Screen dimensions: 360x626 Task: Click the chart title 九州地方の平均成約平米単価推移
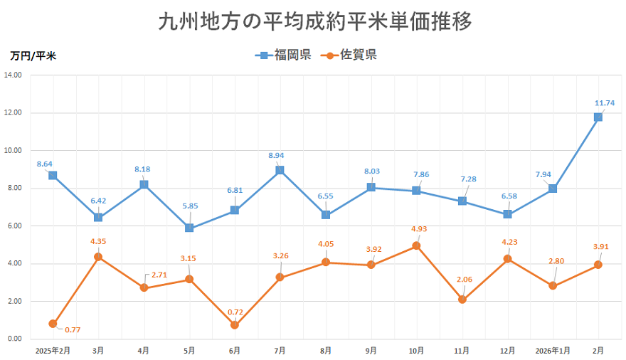click(314, 22)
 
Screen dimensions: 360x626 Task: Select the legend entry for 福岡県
click(283, 55)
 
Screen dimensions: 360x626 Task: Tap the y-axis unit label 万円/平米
click(33, 56)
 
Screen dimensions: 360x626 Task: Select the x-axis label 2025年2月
click(53, 351)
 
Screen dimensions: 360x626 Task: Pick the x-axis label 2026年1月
click(553, 351)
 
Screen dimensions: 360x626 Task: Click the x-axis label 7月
click(280, 351)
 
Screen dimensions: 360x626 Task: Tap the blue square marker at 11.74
click(598, 117)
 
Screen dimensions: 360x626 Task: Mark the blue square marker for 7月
click(280, 170)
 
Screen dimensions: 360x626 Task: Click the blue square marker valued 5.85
click(189, 228)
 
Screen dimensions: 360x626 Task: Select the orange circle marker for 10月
click(416, 245)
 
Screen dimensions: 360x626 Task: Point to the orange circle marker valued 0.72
click(235, 325)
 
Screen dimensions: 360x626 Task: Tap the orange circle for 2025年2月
click(53, 324)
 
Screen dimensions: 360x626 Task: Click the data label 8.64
click(45, 164)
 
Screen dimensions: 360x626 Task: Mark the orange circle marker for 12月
click(507, 259)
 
